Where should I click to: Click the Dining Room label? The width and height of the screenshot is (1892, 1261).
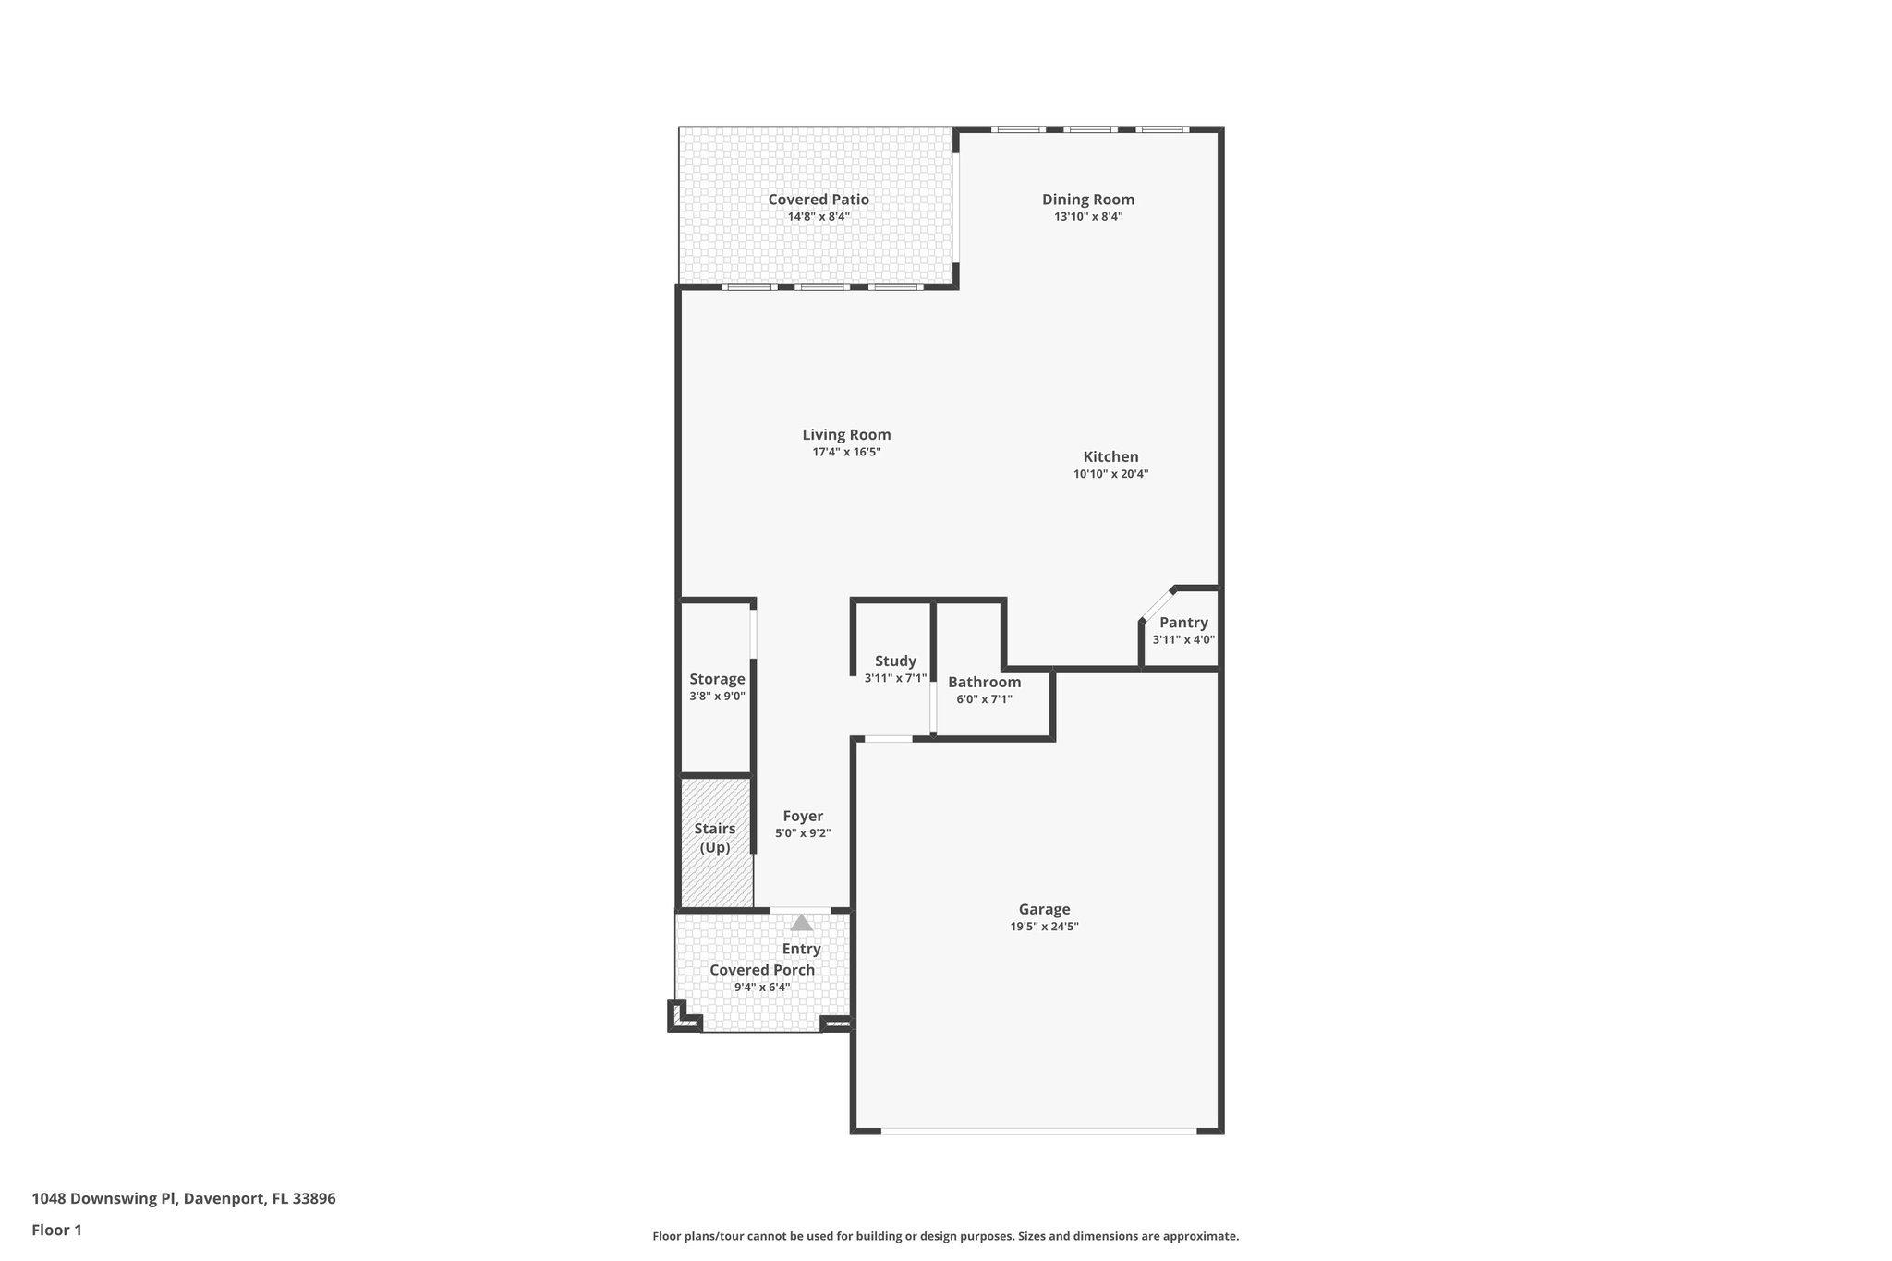coord(1087,200)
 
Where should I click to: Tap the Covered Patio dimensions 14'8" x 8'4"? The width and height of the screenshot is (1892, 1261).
coord(818,217)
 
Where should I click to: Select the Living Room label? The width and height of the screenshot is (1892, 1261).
coord(845,435)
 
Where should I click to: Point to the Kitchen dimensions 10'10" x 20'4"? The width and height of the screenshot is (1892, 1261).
coord(1110,474)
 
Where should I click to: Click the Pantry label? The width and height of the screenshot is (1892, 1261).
coord(1182,623)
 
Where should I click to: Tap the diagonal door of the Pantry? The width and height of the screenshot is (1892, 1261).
coord(1157,604)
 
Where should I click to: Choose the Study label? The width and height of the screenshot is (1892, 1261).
coord(894,661)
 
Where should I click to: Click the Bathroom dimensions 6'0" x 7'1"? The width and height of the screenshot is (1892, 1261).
coord(983,699)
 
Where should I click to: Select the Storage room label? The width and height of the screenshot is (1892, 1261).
coord(716,680)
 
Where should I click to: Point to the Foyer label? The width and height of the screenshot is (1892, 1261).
coord(802,817)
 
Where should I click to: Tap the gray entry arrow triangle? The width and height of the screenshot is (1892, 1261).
coord(801,923)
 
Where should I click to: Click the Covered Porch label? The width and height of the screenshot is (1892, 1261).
coord(761,970)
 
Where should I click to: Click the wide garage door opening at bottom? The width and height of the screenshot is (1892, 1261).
coord(1037,1130)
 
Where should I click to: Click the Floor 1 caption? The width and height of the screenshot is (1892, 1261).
coord(56,1231)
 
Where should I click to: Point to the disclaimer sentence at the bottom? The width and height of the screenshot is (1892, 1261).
coord(945,1236)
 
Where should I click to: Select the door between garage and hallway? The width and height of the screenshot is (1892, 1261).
coord(888,738)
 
